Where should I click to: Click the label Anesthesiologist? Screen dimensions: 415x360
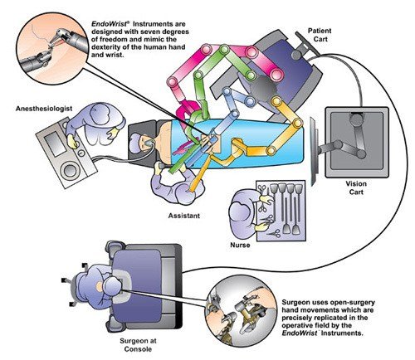click(44, 109)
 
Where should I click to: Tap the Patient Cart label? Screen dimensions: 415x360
click(320, 35)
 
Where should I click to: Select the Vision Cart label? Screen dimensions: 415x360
click(356, 187)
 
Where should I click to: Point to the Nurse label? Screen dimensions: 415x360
click(240, 245)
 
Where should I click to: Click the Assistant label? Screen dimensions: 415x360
click(184, 216)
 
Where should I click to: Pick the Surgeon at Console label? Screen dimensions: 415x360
click(138, 345)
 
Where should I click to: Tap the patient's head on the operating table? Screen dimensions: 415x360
click(139, 142)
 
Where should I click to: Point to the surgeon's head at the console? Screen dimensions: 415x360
click(111, 286)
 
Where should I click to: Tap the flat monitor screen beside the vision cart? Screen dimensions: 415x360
click(314, 151)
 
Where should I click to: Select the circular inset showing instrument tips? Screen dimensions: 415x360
click(51, 48)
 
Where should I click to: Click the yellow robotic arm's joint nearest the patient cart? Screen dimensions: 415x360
click(276, 100)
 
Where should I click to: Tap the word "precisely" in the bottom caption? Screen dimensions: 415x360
click(299, 318)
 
